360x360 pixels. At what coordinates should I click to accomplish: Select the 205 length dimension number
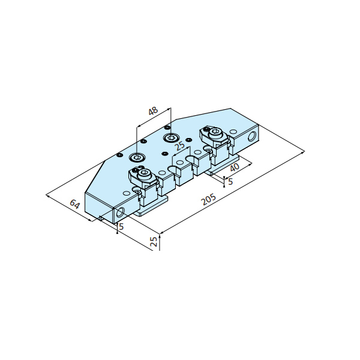[x=208, y=199]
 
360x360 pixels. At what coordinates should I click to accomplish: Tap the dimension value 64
[x=75, y=204]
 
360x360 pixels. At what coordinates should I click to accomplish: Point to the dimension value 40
[x=235, y=167]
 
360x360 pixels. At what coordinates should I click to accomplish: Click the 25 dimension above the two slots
[x=180, y=146]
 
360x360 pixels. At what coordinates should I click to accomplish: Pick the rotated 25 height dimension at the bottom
[x=154, y=241]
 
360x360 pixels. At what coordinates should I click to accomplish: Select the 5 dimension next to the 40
[x=230, y=181]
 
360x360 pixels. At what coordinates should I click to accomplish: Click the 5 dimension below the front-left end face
[x=121, y=227]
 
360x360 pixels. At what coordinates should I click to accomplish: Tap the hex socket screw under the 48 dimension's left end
[x=136, y=157]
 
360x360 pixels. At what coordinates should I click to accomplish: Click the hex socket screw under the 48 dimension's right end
[x=170, y=138]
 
